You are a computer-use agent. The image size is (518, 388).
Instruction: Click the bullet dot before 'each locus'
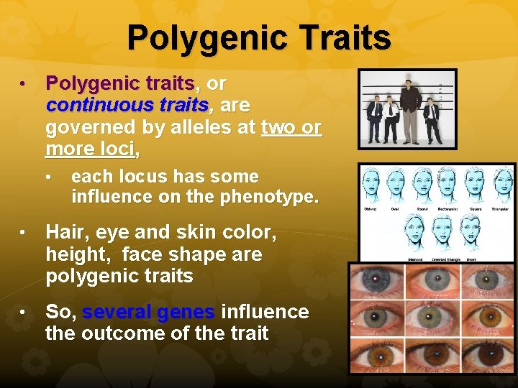tap(49, 177)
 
